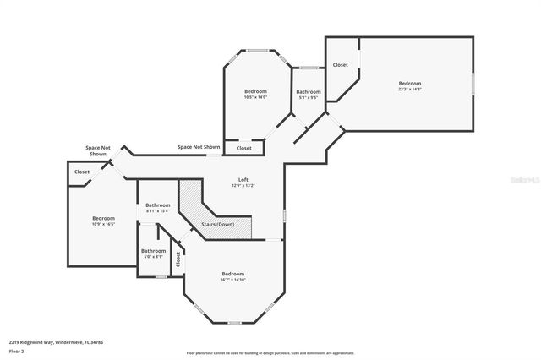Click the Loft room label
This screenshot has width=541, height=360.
tap(243, 179)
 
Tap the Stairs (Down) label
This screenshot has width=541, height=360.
tap(217, 224)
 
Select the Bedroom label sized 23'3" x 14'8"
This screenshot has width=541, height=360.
tap(410, 83)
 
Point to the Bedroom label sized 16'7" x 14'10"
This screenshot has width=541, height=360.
tap(233, 274)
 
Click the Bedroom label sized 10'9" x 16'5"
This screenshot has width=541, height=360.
tap(103, 219)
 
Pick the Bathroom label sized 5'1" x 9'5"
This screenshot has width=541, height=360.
tap(308, 91)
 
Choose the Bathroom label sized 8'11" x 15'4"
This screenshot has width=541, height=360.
tap(158, 205)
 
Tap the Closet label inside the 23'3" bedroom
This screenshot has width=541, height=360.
tap(340, 65)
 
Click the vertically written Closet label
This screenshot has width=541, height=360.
tap(178, 260)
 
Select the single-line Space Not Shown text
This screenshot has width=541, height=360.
tap(199, 147)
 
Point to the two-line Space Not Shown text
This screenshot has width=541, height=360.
tap(98, 151)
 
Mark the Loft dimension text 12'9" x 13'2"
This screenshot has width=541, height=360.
tap(243, 185)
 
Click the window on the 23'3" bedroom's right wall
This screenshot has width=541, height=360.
tap(473, 83)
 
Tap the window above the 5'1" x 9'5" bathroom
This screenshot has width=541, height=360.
tap(309, 67)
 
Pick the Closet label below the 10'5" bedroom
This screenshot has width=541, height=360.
tap(243, 148)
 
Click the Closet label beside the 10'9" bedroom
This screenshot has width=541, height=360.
tap(82, 172)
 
